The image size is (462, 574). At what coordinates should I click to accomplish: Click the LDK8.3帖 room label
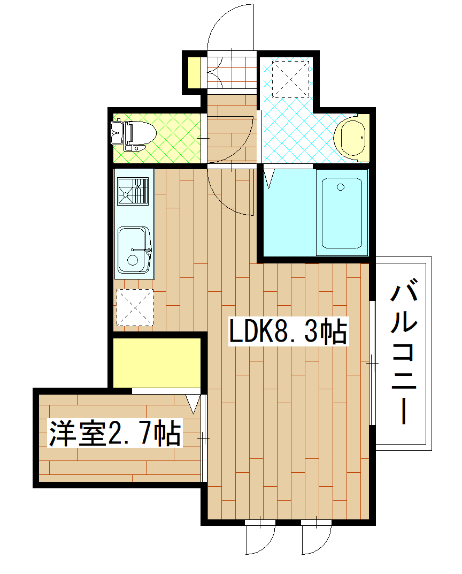point(289,331)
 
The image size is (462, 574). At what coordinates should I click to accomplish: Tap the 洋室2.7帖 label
point(114,433)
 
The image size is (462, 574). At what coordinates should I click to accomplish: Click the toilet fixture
point(140,132)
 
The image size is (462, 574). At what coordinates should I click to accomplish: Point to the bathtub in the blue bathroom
point(341,213)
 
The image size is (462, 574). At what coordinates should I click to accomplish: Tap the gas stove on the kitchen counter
point(133,190)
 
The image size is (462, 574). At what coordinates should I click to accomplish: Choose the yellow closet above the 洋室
point(156,362)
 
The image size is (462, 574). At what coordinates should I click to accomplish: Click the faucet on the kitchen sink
point(143,250)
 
